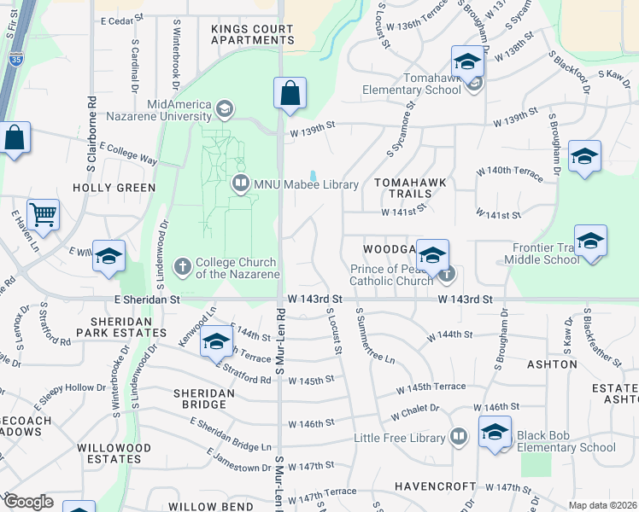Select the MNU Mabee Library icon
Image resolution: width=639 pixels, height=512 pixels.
(x=241, y=183)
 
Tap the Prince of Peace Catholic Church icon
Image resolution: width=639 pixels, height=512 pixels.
(x=446, y=275)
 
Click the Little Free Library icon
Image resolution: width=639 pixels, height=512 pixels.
(x=459, y=438)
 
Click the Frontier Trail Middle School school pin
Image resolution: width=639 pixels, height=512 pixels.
(x=590, y=241)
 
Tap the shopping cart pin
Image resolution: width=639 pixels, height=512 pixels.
(x=43, y=214)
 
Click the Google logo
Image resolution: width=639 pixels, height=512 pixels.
(x=28, y=502)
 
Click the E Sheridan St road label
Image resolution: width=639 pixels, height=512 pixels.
(x=147, y=300)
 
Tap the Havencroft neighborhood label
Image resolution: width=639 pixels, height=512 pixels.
(x=435, y=486)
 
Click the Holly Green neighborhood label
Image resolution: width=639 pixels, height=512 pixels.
(x=114, y=188)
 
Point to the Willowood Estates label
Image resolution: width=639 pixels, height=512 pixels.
(x=114, y=453)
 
